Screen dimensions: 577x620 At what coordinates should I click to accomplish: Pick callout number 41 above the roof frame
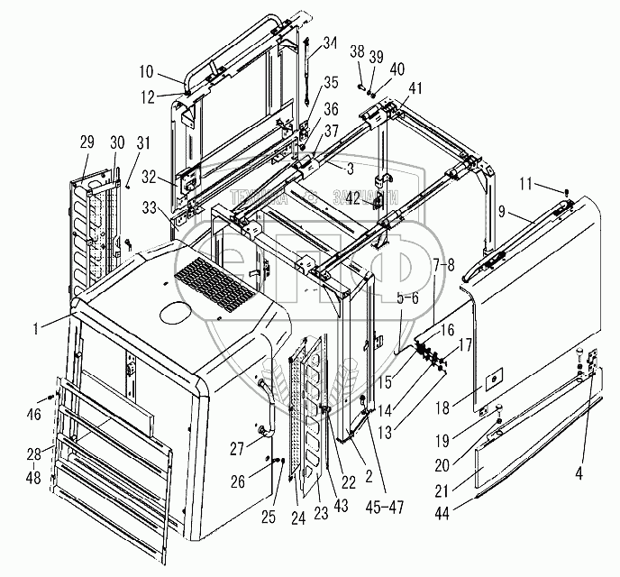coord(415,88)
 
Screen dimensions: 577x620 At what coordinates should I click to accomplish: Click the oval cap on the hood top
coord(175,313)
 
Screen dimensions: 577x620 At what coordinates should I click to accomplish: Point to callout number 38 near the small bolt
coord(357,52)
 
